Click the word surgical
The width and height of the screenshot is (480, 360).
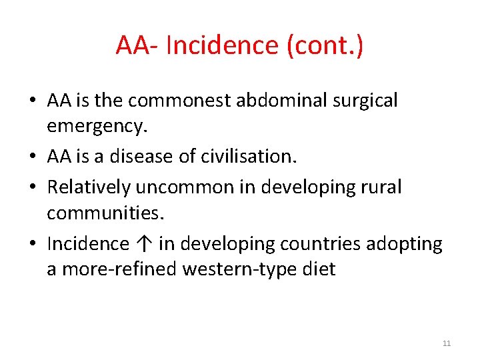(x=363, y=101)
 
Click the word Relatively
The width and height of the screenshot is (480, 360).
(x=89, y=187)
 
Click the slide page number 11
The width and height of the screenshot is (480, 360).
(x=447, y=343)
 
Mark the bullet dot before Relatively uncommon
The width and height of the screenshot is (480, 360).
(x=33, y=188)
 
